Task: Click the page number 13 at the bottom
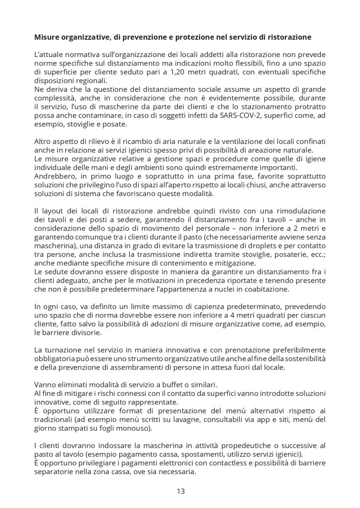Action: [180, 492]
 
